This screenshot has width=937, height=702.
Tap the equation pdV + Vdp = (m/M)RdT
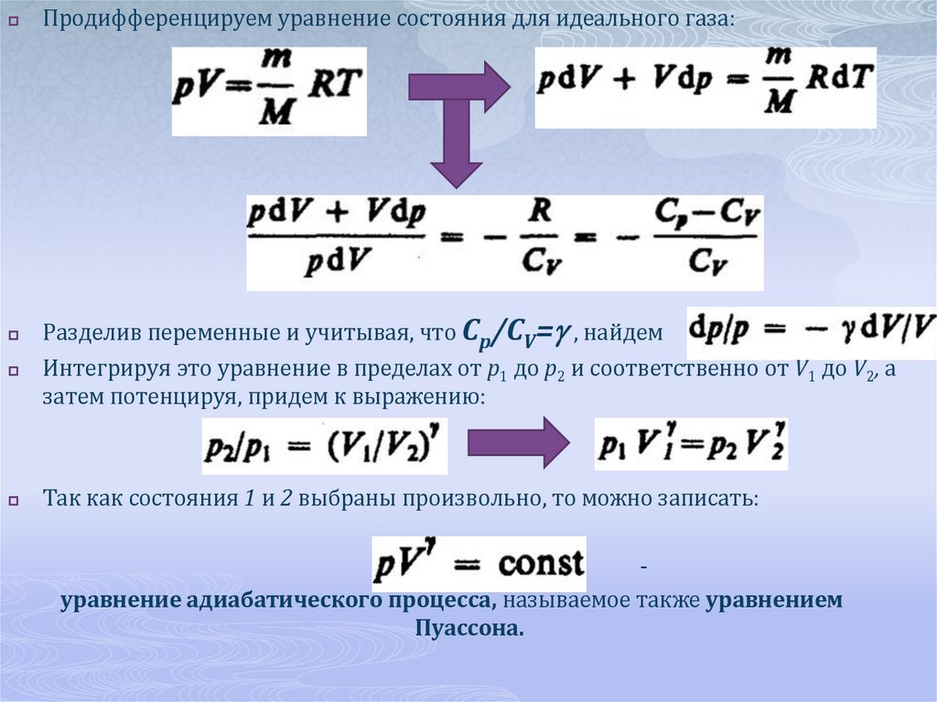coord(705,87)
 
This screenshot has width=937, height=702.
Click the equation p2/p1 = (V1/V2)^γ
coord(325,447)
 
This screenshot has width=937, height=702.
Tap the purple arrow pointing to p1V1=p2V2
coord(519,443)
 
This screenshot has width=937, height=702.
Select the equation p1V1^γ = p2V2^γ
coord(691,445)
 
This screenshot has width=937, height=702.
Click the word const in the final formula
coord(540,563)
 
